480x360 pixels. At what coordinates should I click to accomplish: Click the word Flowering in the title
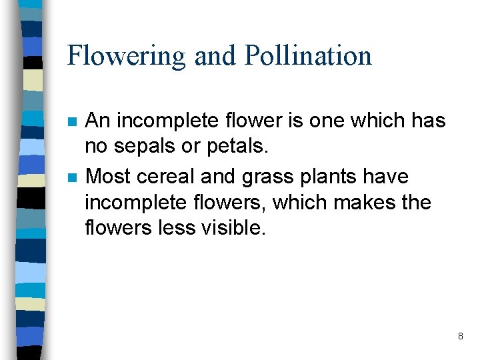click(126, 55)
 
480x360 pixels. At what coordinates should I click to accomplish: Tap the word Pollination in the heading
click(308, 55)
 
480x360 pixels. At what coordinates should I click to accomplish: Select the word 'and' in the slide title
click(215, 55)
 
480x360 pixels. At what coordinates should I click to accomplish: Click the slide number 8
click(460, 337)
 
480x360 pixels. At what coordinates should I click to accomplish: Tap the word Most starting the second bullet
click(109, 177)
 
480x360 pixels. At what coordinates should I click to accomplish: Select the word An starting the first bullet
click(97, 121)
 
